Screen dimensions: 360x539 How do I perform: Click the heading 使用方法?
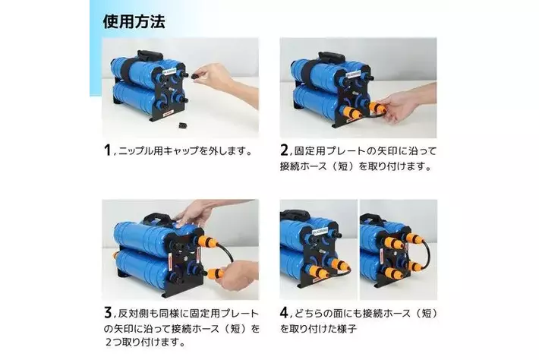134,21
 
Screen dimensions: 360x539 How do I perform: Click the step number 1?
107,150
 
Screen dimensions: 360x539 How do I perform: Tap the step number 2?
285,150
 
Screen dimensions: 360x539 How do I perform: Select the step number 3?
107,313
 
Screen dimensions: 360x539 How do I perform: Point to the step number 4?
285,313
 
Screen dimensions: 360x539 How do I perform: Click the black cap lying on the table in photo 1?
183,122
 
